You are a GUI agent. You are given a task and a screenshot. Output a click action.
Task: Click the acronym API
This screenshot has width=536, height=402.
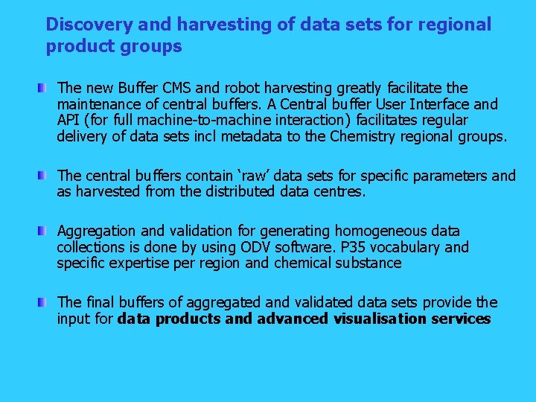[69, 121]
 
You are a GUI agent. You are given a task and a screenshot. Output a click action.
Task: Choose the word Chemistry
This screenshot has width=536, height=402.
[360, 137]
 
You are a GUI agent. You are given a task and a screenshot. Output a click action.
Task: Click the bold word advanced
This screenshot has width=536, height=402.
[293, 319]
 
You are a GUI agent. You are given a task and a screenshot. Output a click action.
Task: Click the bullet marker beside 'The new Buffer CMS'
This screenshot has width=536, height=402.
[44, 89]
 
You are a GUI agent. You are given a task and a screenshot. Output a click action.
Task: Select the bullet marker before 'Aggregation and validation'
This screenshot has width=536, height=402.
[44, 232]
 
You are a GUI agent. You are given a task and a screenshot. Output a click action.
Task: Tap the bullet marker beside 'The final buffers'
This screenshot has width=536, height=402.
[44, 303]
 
